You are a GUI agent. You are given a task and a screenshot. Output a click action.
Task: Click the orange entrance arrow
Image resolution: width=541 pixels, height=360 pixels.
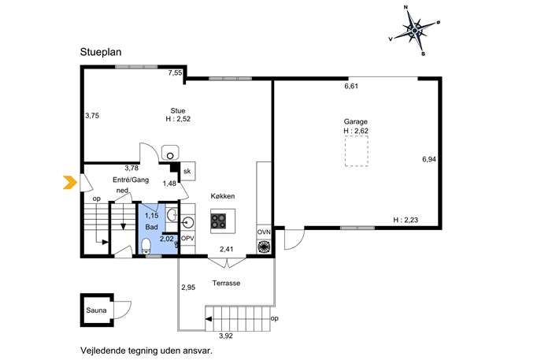point(70,182)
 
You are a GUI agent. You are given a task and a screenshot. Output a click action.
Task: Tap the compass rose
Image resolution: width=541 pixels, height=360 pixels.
point(414,31)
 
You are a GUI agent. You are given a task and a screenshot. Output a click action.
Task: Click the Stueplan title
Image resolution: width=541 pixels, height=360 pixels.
point(101,52)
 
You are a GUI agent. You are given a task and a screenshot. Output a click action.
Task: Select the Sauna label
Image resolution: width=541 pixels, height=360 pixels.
point(96,310)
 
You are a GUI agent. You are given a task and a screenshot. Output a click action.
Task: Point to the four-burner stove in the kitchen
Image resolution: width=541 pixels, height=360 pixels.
point(219,221)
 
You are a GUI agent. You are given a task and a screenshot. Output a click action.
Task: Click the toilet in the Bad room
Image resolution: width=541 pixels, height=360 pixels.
point(146,246)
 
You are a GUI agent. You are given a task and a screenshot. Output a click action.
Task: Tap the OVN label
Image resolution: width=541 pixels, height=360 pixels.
point(264,232)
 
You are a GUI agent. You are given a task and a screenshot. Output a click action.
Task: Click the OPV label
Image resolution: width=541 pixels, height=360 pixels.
point(187,238)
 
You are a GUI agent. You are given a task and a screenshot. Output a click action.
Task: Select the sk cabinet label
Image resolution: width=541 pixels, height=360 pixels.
point(187,171)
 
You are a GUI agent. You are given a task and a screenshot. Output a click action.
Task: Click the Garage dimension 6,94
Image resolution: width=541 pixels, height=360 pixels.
point(429,159)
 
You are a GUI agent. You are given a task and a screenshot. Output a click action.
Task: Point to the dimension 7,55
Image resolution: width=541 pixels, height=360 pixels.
point(176,72)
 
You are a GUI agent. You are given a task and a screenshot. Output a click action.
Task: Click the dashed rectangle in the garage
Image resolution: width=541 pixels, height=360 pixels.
point(357,150)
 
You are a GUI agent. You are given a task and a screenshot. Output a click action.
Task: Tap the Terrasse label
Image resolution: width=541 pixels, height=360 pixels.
point(226,283)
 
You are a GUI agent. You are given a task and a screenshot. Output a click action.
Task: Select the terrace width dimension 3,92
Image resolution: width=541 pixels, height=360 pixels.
point(226,336)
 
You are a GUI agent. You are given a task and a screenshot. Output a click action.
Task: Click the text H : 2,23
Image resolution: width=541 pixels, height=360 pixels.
point(406,220)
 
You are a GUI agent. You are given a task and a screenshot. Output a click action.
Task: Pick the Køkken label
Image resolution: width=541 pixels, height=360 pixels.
point(223,196)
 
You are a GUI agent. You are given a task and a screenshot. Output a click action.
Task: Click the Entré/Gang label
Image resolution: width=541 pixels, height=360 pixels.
point(131,180)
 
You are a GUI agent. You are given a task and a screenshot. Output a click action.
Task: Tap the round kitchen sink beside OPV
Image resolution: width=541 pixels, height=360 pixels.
point(187,222)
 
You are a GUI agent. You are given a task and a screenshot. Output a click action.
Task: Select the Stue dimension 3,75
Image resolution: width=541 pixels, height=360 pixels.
point(92,116)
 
